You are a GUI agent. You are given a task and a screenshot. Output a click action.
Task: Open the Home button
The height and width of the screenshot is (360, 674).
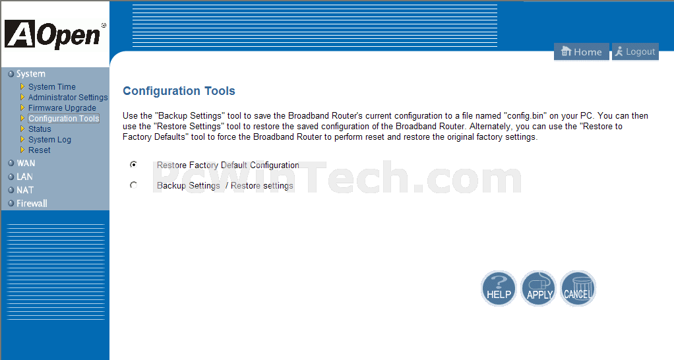coord(581,51)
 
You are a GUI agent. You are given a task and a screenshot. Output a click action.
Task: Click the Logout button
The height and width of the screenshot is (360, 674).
coord(635,51)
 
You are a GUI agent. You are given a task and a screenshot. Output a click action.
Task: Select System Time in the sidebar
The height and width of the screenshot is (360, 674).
coord(51,87)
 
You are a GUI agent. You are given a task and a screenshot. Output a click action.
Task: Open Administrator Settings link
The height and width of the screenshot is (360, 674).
coord(68,98)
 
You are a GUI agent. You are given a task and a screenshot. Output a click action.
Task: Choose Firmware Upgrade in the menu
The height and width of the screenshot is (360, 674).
coord(62,108)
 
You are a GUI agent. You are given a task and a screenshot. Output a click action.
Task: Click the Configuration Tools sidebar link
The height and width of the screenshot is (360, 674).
coord(63,119)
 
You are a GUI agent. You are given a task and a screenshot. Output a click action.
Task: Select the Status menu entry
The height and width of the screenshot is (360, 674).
coord(40,129)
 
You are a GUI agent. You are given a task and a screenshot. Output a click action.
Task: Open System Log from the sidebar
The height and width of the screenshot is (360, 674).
coord(49,140)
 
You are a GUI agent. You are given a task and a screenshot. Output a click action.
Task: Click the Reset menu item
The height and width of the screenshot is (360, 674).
coord(39,150)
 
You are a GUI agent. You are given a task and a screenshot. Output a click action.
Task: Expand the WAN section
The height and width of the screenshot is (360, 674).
coord(26,164)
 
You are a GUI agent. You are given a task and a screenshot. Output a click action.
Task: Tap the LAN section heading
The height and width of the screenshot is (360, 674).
coord(24,177)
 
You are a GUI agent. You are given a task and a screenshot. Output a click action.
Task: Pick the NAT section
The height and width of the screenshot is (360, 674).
coord(25,190)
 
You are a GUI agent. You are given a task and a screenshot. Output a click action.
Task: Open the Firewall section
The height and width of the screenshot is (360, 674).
coord(32,203)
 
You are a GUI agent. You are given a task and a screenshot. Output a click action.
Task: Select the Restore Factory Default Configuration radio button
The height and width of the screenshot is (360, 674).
coord(134,165)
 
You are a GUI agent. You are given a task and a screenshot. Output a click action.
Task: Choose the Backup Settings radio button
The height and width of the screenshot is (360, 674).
coord(134,185)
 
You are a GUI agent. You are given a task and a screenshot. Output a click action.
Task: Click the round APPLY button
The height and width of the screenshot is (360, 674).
coord(538,288)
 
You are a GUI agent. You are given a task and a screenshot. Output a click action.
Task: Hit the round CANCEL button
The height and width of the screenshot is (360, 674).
coord(578,288)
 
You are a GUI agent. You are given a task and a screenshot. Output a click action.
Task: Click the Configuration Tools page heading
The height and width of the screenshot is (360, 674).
coord(179,91)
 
